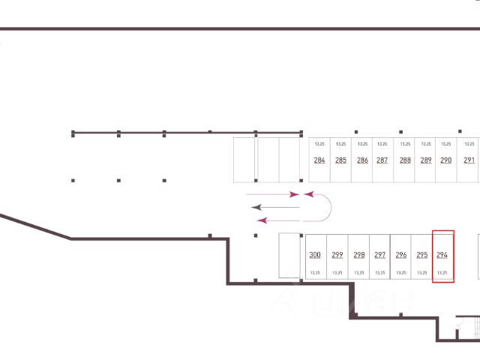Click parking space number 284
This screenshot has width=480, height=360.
click(x=319, y=160)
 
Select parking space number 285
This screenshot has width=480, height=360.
click(x=340, y=160)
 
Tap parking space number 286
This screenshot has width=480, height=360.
click(x=362, y=160)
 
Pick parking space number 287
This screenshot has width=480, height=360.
click(x=382, y=160)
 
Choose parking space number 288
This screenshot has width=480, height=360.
click(x=405, y=160)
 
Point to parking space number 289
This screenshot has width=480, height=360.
click(x=426, y=160)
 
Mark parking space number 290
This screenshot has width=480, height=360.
click(x=445, y=160)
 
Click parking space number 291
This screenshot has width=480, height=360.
click(x=469, y=160)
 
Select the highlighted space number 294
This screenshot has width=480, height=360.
click(x=442, y=255)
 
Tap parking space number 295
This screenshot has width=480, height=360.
click(x=421, y=255)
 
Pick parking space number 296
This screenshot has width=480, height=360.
click(x=400, y=255)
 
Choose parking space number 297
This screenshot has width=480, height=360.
click(x=379, y=255)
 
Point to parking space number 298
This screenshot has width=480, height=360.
click(x=358, y=255)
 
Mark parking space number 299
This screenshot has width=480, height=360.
click(x=337, y=255)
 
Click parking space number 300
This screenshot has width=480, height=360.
click(x=315, y=255)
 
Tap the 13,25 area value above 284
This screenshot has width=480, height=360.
click(x=319, y=143)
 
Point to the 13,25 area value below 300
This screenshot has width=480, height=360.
click(x=315, y=272)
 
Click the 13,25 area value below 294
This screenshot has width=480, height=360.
click(x=442, y=272)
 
